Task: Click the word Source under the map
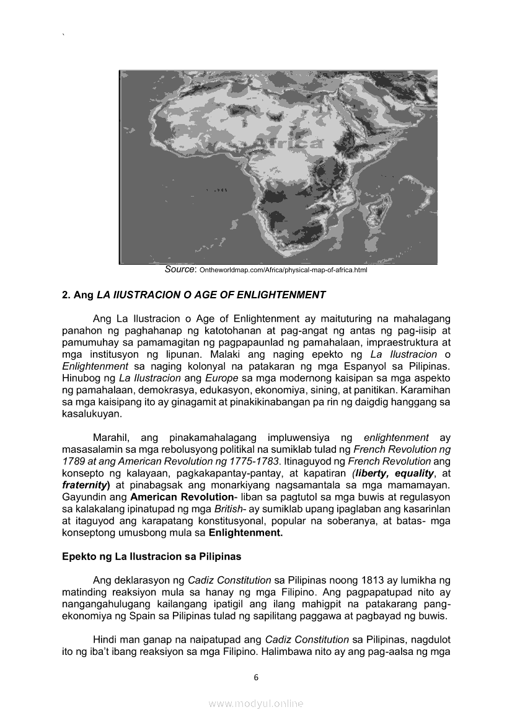pyautogui.click(x=180, y=270)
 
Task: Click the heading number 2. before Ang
pyautogui.click(x=66, y=295)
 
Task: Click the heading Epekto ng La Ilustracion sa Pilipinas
pyautogui.click(x=151, y=556)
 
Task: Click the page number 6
pyautogui.click(x=256, y=677)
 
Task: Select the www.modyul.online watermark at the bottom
pyautogui.click(x=256, y=703)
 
